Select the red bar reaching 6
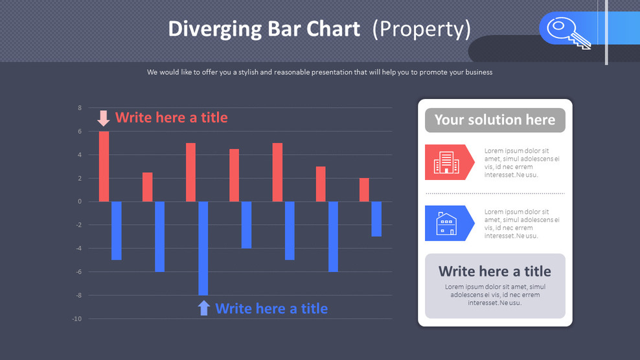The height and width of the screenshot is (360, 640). coord(104,166)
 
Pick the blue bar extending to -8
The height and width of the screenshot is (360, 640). coord(203,248)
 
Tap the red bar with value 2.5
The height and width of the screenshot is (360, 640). coord(148,187)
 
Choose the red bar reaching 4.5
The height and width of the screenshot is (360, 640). coord(234,175)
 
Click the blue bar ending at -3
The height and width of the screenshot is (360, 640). coord(376,219)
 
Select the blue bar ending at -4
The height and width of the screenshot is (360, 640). coord(247,225)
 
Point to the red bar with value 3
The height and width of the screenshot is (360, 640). coord(321,184)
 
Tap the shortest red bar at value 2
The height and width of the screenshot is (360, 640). coord(364,190)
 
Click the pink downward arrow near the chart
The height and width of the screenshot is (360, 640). coord(104,118)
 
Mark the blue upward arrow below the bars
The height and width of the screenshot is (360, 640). coord(204,308)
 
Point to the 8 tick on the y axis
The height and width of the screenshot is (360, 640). coord(80,108)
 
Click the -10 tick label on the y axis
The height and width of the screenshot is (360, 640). coord(77,319)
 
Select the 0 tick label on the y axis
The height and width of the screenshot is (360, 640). coord(80,201)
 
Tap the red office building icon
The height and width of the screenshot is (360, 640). coord(446,162)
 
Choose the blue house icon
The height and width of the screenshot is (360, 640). coord(446,223)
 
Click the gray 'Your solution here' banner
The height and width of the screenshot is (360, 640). coord(495,120)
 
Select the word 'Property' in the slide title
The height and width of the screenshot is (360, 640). coord(422,29)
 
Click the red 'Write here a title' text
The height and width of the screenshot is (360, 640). coord(172,117)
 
